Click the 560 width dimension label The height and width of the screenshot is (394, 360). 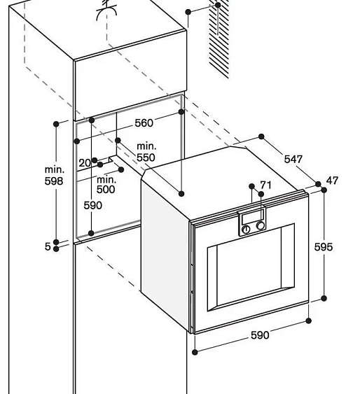144,123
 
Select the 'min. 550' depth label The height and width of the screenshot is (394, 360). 146,152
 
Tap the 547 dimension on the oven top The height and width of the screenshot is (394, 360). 293,159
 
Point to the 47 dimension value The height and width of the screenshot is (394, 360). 332,181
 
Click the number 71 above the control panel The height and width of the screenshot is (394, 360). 265,185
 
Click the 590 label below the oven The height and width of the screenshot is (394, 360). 260,335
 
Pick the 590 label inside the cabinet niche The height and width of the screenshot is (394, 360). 92,205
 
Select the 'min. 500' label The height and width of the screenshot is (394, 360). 106,185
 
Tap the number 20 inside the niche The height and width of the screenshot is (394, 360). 85,163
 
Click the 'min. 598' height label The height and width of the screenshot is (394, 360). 54,175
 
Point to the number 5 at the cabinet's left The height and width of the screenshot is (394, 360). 48,246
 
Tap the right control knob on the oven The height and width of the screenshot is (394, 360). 260,225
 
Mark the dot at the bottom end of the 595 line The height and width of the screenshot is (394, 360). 324,299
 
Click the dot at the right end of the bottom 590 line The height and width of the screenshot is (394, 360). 309,321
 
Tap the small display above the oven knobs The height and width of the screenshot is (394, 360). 253,215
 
